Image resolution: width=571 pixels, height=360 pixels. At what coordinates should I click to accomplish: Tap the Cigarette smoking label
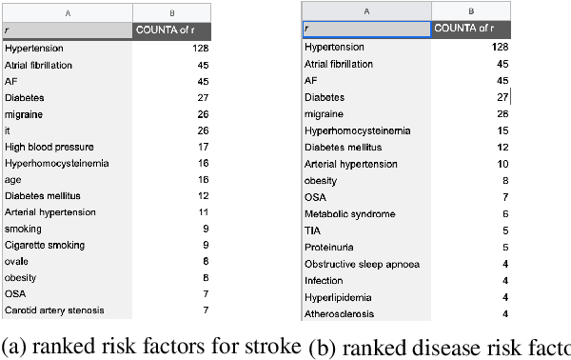point(44,245)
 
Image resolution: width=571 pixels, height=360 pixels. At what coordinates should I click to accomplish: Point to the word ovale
point(17,261)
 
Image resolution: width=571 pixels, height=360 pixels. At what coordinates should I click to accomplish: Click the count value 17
point(203,147)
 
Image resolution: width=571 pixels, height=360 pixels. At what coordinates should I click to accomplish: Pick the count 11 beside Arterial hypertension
point(203,211)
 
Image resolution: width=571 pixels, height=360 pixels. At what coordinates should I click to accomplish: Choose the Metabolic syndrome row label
point(349,214)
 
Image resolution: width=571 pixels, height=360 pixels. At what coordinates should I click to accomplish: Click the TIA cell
point(313,230)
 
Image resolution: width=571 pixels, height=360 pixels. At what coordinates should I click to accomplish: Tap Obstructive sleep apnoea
point(362,264)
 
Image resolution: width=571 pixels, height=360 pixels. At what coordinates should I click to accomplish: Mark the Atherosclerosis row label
point(339,313)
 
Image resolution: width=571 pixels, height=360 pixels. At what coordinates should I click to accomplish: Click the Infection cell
point(324,281)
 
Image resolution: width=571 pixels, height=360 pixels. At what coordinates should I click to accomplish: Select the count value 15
point(503,130)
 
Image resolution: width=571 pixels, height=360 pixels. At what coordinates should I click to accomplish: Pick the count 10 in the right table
point(503,164)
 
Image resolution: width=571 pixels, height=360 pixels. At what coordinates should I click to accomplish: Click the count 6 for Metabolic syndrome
point(505,214)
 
